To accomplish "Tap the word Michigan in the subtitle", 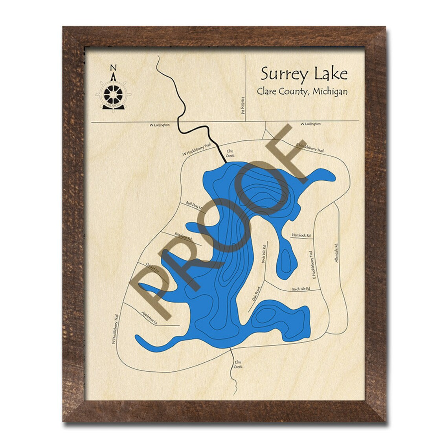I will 329,91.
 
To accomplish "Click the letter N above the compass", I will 113,67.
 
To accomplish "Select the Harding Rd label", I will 244,106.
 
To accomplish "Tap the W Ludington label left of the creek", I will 160,125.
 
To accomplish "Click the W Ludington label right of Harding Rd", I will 310,124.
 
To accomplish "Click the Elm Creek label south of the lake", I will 239,364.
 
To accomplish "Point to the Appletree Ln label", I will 149,318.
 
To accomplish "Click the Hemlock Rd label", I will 301,235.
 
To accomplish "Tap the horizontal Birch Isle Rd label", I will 301,289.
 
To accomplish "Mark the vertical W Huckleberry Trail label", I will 114,330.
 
